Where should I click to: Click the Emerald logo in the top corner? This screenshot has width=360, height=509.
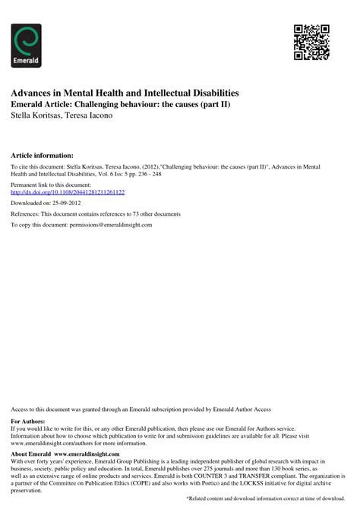[x=27, y=45]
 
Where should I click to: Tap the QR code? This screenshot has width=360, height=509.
[x=311, y=42]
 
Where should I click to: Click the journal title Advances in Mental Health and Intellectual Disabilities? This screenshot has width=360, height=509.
[x=125, y=92]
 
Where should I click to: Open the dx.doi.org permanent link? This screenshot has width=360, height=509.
[x=68, y=192]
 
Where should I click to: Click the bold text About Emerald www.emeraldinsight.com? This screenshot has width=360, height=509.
[x=62, y=454]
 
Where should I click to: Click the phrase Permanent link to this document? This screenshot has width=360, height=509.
[x=51, y=185]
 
